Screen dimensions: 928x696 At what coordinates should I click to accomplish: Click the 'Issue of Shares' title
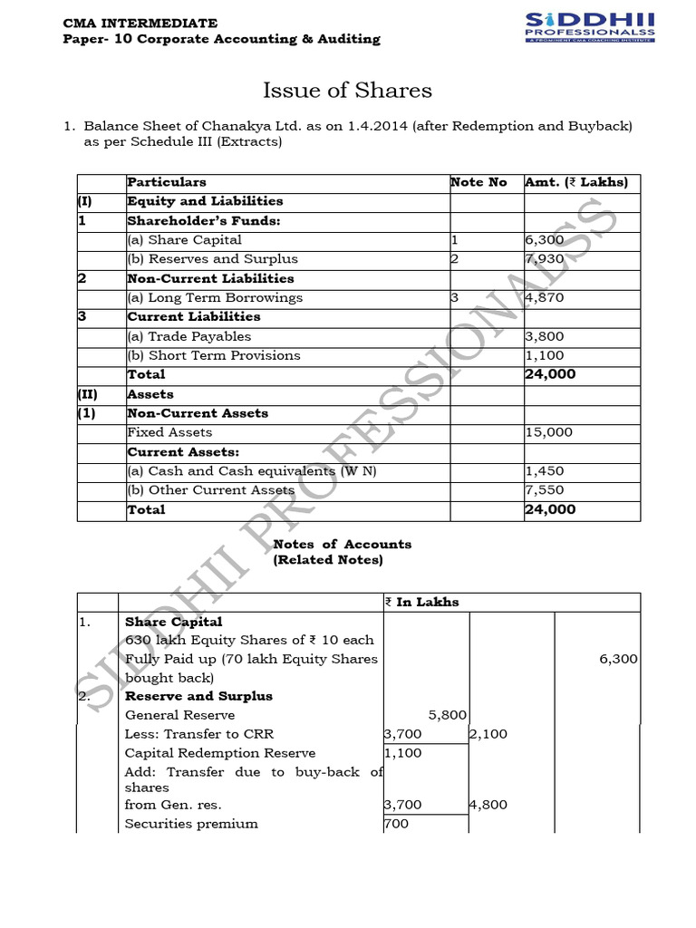pos(347,91)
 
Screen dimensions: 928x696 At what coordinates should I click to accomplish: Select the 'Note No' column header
pos(478,182)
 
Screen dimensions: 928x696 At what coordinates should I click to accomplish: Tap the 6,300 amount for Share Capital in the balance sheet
pos(545,240)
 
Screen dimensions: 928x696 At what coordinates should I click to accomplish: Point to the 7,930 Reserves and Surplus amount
pos(545,259)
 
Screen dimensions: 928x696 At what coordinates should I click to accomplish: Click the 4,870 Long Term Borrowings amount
pos(545,297)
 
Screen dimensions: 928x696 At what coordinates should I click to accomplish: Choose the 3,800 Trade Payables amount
pos(545,336)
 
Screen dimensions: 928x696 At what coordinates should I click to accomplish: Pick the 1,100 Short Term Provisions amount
pos(545,355)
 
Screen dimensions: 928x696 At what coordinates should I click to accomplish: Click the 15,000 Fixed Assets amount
pos(549,432)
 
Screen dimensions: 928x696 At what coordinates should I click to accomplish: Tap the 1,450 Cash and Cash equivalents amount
pos(545,471)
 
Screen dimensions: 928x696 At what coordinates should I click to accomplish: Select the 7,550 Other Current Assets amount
pos(545,490)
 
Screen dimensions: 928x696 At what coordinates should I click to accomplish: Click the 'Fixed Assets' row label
pos(169,432)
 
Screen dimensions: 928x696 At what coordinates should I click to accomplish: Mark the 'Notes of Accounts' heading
pos(342,544)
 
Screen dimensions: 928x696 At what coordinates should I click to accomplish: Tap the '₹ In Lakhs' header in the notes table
pos(421,602)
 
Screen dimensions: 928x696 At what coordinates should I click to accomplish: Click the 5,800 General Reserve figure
pos(447,715)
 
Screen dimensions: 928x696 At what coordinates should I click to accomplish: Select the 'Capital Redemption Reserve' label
pos(220,753)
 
